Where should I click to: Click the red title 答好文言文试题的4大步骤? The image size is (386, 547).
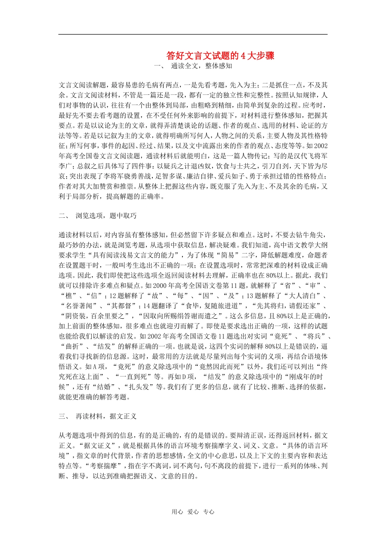[x=220, y=56]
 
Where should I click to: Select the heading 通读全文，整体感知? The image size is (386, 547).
[x=201, y=66]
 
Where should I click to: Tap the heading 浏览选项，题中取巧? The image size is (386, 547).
[x=106, y=216]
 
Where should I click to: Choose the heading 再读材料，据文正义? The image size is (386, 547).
[x=106, y=416]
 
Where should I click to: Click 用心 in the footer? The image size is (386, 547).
[x=177, y=512]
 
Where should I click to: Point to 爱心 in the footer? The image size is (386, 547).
[x=193, y=512]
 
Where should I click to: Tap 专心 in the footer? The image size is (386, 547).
[x=208, y=512]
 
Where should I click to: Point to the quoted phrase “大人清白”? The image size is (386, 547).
[x=303, y=296]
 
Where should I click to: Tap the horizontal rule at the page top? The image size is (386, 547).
[x=193, y=34]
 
